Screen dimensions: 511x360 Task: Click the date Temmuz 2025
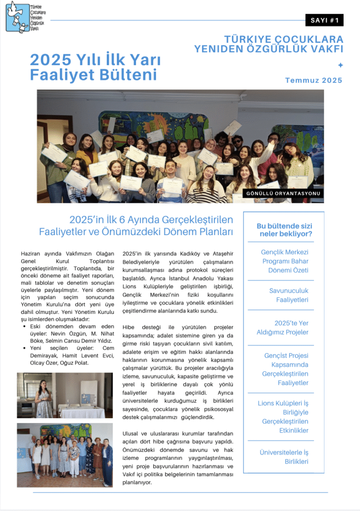314,80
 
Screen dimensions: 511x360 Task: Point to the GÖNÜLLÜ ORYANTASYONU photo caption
284,193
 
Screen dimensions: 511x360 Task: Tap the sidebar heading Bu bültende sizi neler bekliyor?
284,230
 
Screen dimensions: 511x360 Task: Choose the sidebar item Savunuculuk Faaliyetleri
288,295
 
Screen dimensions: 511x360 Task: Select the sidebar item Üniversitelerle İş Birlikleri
285,457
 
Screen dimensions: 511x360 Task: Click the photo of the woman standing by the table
65,395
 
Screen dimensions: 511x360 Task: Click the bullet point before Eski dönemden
24,326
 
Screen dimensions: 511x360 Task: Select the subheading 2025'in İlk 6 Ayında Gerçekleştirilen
151,220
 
